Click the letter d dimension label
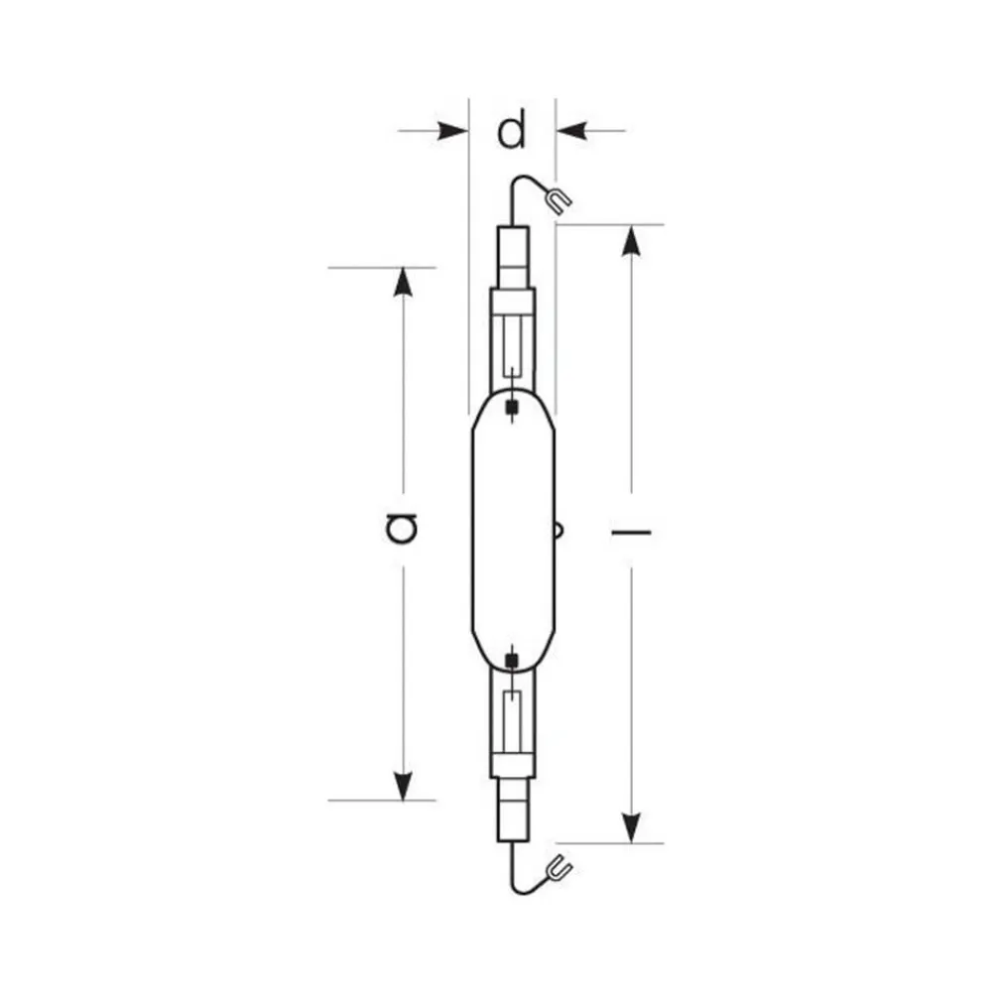[x=512, y=131]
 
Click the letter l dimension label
[x=631, y=533]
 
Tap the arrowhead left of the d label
[x=451, y=130]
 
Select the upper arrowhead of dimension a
[x=402, y=282]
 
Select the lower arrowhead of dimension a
[x=402, y=785]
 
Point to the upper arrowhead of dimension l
[x=631, y=241]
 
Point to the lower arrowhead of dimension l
[x=631, y=826]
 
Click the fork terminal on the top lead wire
[x=558, y=200]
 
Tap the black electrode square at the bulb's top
[x=512, y=407]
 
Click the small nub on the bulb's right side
[x=559, y=532]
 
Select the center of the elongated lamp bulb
[x=512, y=532]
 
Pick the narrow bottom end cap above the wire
[x=512, y=810]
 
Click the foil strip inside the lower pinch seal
[x=512, y=722]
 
